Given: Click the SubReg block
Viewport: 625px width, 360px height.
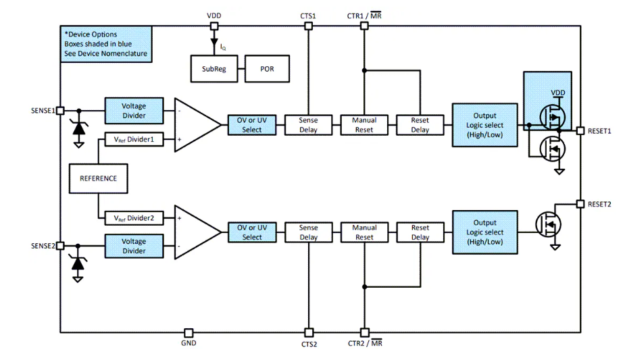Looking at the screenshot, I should (214, 69).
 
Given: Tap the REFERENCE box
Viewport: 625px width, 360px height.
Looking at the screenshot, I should (98, 178).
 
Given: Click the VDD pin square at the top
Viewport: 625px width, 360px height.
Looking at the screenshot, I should (214, 26).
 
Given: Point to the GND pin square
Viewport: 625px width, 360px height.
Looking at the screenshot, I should (189, 333).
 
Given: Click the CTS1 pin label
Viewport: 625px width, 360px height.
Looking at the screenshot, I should (308, 15).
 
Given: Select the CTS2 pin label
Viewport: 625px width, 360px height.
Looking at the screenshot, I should (308, 344).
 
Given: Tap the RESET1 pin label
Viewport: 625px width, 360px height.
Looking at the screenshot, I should (599, 131).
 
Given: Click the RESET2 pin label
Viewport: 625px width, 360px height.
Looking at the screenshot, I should (599, 204).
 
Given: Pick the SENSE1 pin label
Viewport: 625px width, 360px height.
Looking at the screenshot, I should (42, 110).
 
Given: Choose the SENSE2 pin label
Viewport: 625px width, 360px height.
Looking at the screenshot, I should (42, 246).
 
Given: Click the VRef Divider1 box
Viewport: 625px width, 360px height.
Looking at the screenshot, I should (134, 140).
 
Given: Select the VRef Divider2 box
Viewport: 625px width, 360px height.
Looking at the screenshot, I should (134, 218).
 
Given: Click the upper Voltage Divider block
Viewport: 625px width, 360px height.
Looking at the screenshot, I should (134, 111).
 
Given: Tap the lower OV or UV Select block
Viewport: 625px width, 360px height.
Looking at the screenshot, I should (252, 232).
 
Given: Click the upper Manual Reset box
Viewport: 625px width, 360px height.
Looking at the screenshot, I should (364, 125).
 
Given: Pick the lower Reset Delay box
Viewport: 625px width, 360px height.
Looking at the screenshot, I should (420, 232).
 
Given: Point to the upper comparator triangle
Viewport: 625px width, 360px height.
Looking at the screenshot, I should (196, 125).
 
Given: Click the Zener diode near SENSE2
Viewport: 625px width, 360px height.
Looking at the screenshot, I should (78, 264).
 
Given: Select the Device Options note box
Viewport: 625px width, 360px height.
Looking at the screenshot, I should (105, 44).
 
